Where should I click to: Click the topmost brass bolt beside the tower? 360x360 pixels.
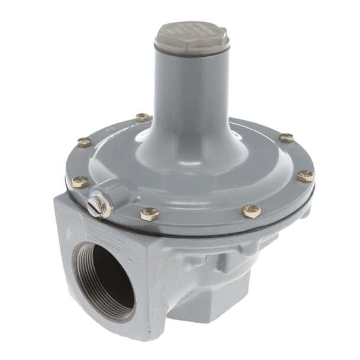[x=142, y=117]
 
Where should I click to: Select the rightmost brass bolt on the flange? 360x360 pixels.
[x=306, y=176]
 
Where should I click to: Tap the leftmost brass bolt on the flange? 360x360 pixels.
[x=80, y=181]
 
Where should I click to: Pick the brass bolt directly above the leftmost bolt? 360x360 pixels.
[x=85, y=142]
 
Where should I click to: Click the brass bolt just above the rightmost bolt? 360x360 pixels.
[x=286, y=138]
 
